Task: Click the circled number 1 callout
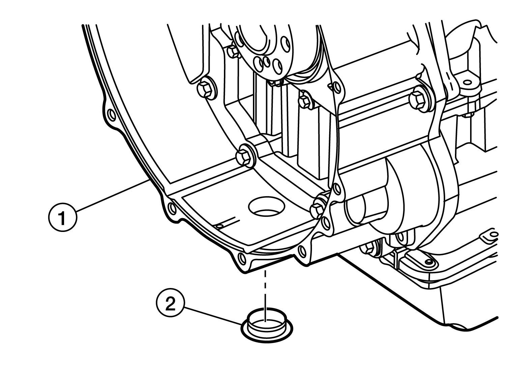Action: [x=62, y=217]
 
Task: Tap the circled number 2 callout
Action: [x=171, y=303]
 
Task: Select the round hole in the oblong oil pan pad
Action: [x=429, y=261]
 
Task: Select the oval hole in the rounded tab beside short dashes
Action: [x=467, y=82]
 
